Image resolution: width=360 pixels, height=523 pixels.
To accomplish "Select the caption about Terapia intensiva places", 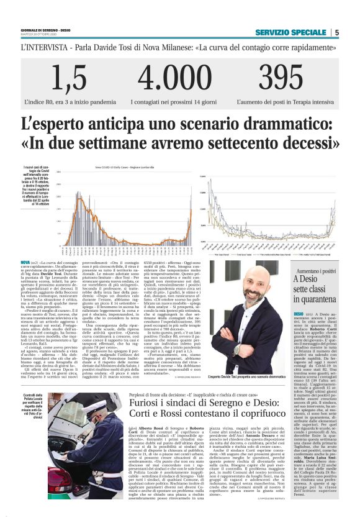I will pyautogui.click(x=286, y=100).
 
